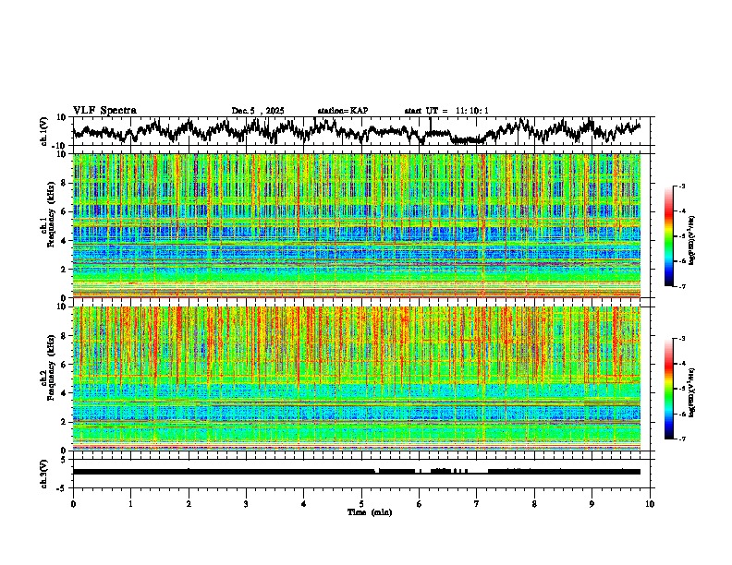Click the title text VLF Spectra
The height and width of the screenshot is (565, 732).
click(x=104, y=110)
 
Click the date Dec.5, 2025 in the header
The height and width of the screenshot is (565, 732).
click(x=258, y=111)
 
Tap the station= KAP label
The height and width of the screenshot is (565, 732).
click(x=342, y=111)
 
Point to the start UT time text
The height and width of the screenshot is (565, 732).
click(x=446, y=111)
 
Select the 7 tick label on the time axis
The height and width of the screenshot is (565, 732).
click(x=477, y=504)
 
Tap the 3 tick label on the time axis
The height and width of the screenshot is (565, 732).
click(x=246, y=504)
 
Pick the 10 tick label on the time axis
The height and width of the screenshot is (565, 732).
click(x=650, y=504)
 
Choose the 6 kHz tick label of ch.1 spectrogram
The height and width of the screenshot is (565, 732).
click(x=64, y=211)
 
